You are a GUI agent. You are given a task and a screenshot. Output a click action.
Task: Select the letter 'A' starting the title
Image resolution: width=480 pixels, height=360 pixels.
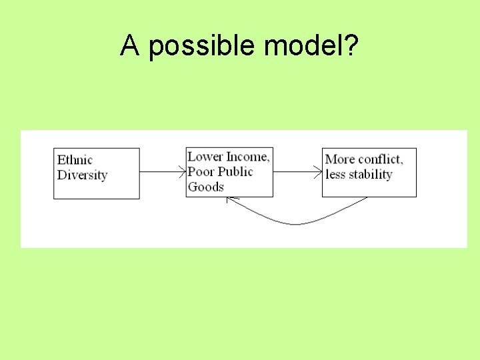pyautogui.click(x=129, y=45)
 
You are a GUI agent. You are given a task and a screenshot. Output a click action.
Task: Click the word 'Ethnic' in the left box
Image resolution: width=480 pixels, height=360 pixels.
pyautogui.click(x=75, y=159)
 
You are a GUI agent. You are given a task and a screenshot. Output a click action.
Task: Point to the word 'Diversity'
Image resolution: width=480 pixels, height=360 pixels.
pyautogui.click(x=82, y=175)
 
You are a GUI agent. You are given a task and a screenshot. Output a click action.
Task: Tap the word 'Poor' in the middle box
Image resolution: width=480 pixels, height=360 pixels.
pyautogui.click(x=201, y=171)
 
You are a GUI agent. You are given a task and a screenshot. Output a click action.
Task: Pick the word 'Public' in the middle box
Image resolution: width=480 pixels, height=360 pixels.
pyautogui.click(x=235, y=171)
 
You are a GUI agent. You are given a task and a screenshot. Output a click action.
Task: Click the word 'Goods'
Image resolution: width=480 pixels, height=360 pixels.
pyautogui.click(x=205, y=187)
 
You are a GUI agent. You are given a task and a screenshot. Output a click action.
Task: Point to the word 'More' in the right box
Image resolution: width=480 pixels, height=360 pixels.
pyautogui.click(x=339, y=159)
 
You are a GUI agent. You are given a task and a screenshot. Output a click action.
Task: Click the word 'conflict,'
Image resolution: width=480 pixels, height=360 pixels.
pyautogui.click(x=380, y=159)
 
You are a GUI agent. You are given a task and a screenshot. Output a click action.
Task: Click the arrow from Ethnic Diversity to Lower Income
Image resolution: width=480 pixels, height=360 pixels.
pyautogui.click(x=163, y=172)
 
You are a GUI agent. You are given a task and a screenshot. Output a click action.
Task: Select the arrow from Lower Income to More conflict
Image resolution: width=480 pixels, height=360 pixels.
pyautogui.click(x=297, y=172)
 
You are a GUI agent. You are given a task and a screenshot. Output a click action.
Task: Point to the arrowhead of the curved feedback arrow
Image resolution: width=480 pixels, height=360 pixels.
pyautogui.click(x=229, y=199)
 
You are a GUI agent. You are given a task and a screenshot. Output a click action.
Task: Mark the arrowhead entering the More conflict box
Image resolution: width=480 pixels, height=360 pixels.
pyautogui.click(x=319, y=172)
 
